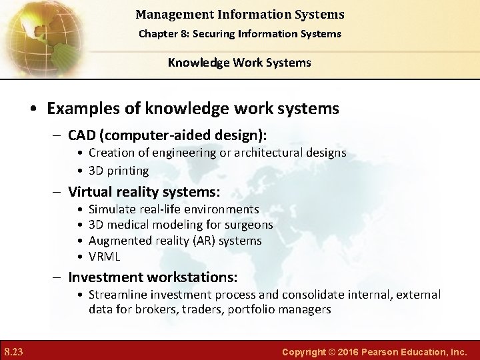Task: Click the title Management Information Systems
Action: tap(239, 14)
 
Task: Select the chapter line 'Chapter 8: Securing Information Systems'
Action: tap(239, 33)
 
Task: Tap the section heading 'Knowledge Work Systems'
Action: tap(239, 63)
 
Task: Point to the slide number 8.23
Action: tap(13, 351)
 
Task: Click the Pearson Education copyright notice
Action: tap(375, 351)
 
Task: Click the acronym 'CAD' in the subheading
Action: tap(83, 135)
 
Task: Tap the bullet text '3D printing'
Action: tap(119, 171)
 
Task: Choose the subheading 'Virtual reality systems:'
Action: tap(144, 192)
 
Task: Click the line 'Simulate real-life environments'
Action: tap(173, 209)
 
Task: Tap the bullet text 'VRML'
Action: tap(104, 257)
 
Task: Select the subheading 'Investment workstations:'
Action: tap(153, 277)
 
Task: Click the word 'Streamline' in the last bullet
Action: tap(117, 294)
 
